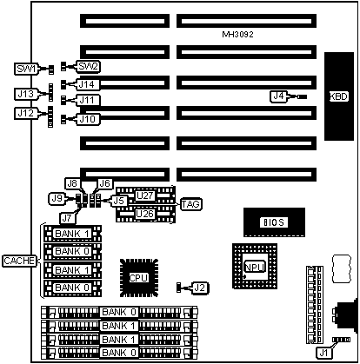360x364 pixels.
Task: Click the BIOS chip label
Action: tap(274, 222)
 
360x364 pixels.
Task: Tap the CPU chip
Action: tap(139, 278)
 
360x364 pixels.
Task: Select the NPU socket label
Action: tap(255, 267)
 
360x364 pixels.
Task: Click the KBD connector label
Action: tap(339, 96)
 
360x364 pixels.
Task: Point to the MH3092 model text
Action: tap(237, 35)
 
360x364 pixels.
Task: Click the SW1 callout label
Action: tap(26, 69)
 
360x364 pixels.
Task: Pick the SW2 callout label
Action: tap(88, 67)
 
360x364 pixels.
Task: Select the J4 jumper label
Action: tap(279, 96)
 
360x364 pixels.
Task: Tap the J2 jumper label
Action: tap(200, 288)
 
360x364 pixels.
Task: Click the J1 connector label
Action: tap(324, 353)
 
